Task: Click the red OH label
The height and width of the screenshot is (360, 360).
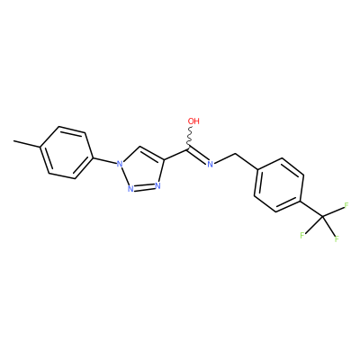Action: click(x=193, y=121)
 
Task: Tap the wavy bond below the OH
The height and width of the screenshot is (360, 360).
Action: click(x=190, y=137)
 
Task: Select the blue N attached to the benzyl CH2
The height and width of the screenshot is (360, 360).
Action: click(x=210, y=164)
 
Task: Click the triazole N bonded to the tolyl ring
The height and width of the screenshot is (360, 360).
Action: click(x=120, y=164)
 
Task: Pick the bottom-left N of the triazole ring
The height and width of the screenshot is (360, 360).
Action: click(x=130, y=189)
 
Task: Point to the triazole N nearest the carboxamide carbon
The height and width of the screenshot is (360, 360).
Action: click(x=157, y=185)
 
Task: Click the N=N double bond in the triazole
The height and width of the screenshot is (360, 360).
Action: click(x=144, y=188)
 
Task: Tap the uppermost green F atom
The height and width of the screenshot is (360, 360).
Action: click(x=346, y=206)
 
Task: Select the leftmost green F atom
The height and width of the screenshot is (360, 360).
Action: click(x=302, y=235)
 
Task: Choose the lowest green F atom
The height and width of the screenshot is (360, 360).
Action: click(x=337, y=239)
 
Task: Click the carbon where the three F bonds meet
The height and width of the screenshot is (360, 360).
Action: click(x=322, y=216)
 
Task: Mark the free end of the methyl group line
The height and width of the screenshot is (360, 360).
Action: click(x=13, y=140)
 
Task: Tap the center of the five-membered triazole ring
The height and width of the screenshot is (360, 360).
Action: click(x=142, y=171)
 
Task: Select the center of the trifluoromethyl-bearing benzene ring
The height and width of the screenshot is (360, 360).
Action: click(x=279, y=185)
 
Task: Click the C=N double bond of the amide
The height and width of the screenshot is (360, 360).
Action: click(x=198, y=155)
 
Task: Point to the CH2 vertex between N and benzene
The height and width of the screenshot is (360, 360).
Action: click(x=236, y=154)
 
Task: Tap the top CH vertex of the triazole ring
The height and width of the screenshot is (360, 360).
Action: click(x=140, y=147)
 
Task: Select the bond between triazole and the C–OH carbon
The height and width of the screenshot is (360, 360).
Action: click(x=176, y=153)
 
